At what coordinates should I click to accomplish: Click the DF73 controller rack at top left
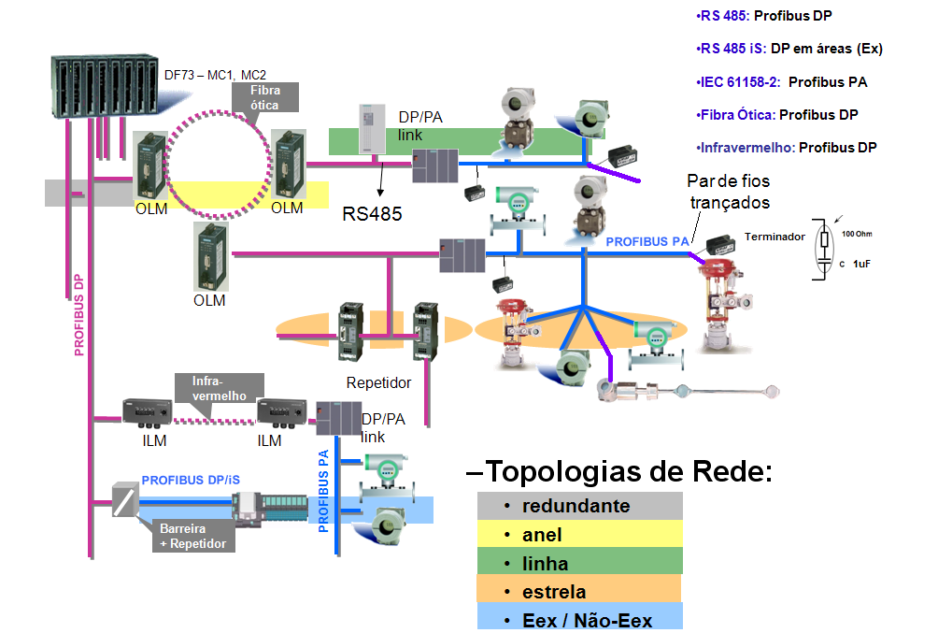102,86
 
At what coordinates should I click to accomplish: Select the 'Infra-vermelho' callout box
219,388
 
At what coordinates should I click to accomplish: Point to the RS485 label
372,213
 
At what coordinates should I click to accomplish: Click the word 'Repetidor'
378,382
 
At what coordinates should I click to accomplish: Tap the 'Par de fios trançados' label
729,191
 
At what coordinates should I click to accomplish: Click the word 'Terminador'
774,237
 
